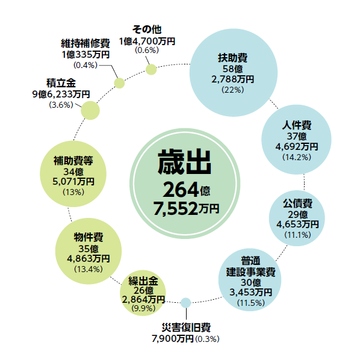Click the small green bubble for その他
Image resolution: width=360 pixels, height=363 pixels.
coord(151,69)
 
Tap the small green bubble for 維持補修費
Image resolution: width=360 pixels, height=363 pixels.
coord(119,83)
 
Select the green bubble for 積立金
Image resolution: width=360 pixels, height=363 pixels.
coord(90,110)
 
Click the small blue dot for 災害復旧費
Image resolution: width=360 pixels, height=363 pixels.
coord(185,303)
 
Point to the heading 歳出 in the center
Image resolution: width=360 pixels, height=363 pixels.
coord(184,162)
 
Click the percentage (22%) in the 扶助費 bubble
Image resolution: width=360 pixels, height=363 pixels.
coord(232,90)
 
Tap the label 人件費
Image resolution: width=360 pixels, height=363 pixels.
coord(297,125)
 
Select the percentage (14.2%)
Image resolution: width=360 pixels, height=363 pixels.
coord(297,158)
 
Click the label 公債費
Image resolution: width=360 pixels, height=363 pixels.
coord(297,203)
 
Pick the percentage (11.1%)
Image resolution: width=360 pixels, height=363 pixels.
coord(297,235)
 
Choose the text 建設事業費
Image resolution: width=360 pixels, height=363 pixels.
coord(250,272)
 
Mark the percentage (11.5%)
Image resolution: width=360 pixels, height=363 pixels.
coord(250,303)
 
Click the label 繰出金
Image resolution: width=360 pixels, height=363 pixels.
coord(143,281)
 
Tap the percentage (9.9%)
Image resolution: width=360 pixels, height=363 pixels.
coord(143,308)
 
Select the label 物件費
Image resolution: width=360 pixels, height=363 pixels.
coord(88,237)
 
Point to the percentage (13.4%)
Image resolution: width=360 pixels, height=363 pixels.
coord(88,269)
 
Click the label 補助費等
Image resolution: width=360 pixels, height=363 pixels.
coord(73,161)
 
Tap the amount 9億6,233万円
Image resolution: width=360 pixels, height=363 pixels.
coord(61,95)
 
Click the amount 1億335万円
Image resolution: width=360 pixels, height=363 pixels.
coord(85,55)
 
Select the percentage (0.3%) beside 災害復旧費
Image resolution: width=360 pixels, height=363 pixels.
coord(207,339)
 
